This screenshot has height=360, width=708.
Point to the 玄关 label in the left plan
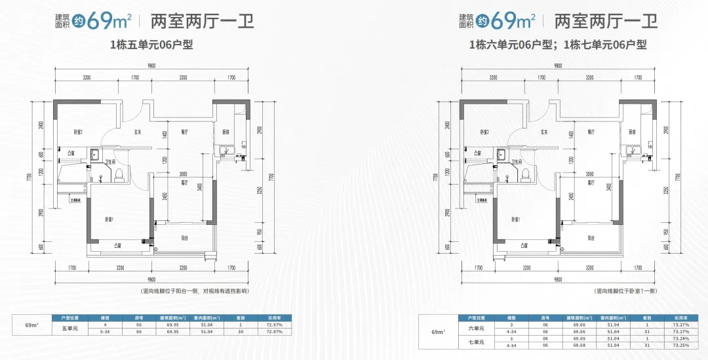(139, 132)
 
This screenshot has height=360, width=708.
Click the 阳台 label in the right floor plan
(591, 238)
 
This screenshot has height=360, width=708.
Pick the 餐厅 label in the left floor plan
(185, 132)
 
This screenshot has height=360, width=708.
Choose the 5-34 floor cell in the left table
(104, 332)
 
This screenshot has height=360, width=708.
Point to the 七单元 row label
(476, 341)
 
